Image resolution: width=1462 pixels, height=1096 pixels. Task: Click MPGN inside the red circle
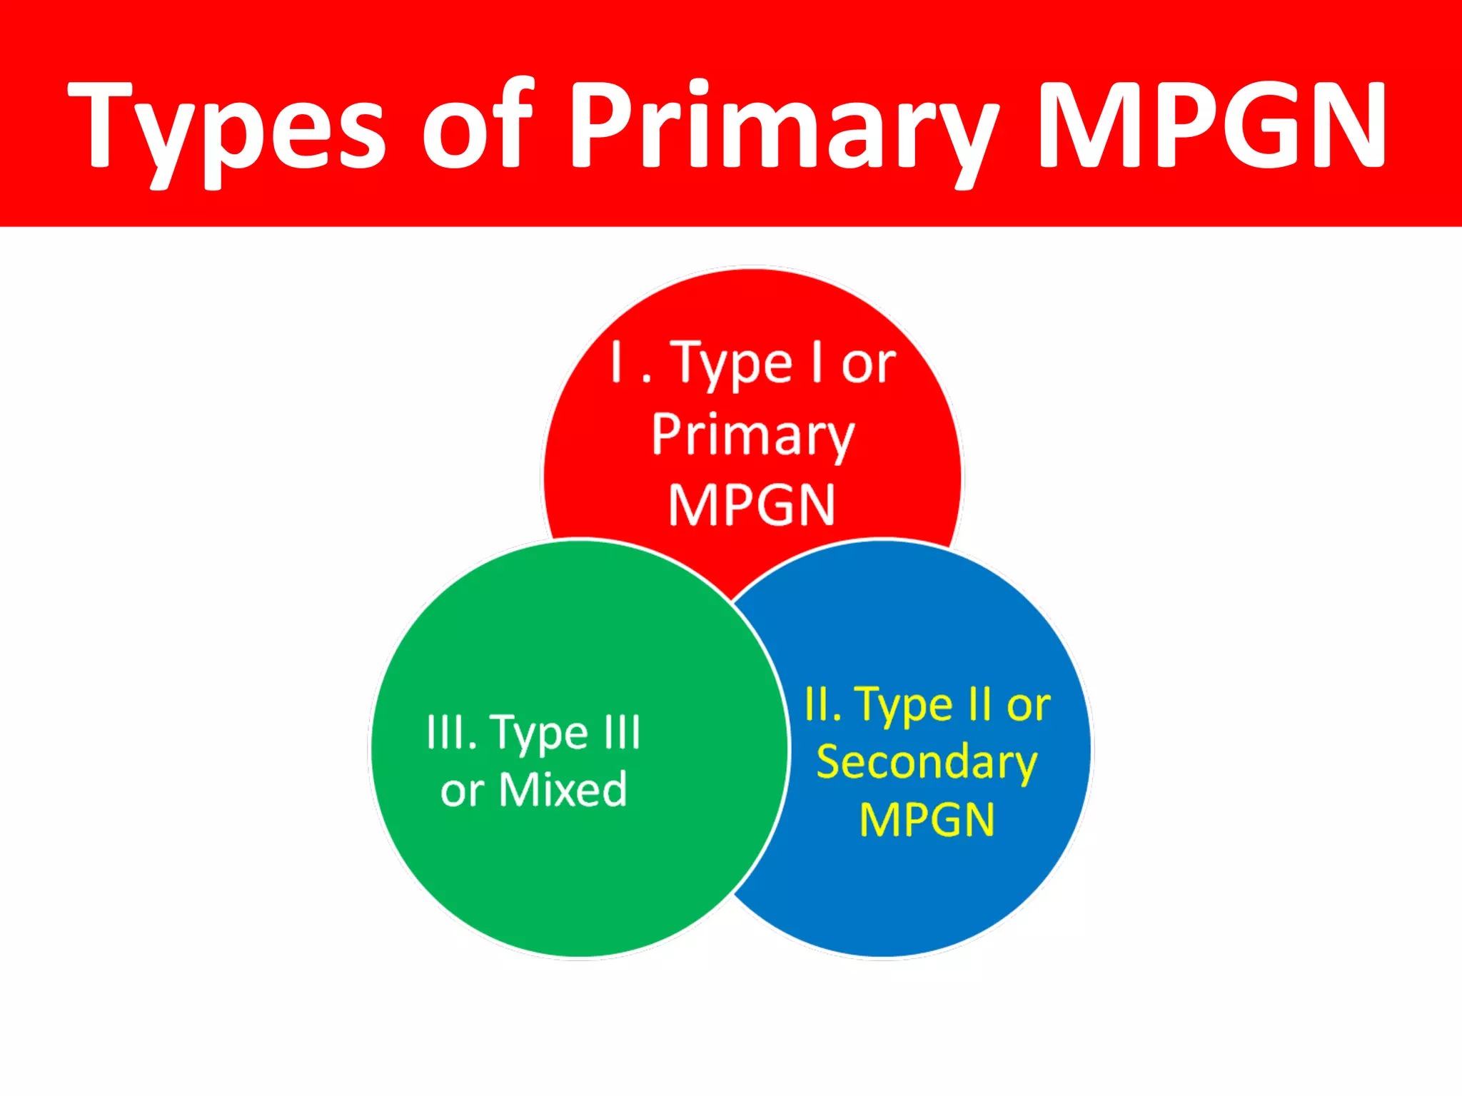pyautogui.click(x=752, y=505)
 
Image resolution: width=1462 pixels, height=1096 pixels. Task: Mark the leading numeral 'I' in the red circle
pyautogui.click(x=616, y=362)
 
